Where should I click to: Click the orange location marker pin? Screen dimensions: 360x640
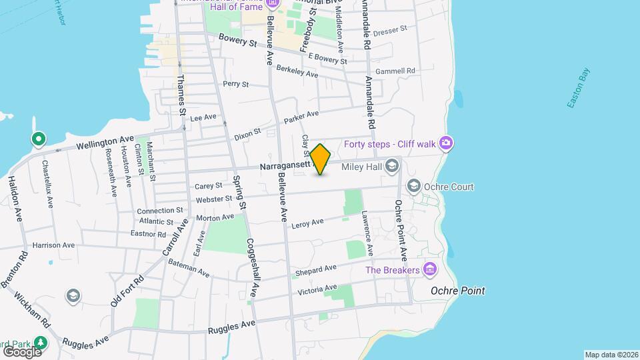click(321, 159)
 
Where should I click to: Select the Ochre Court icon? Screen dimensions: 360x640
click(413, 187)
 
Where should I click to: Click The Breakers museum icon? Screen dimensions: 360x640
click(430, 269)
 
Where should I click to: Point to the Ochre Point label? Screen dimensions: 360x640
click(457, 291)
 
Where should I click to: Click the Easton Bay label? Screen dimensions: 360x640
click(578, 87)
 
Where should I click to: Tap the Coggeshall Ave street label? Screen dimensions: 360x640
click(252, 268)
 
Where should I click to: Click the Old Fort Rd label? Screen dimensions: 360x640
click(128, 291)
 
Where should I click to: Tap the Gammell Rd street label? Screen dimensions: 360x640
click(395, 71)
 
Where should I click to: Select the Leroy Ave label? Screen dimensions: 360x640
click(307, 223)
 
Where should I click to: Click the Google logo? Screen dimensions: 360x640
click(21, 351)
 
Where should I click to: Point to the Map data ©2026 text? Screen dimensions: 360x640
click(611, 355)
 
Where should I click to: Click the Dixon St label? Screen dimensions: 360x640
click(247, 135)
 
